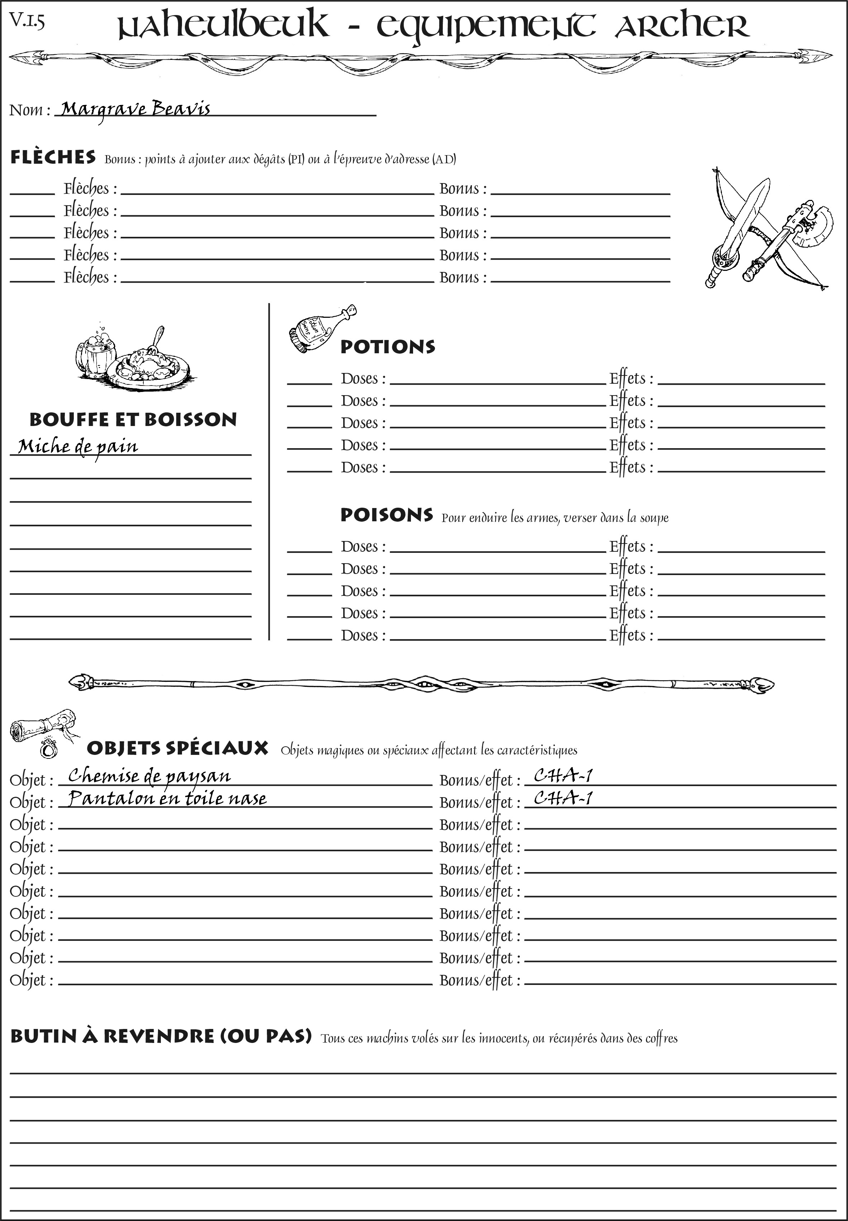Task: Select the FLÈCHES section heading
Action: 53,157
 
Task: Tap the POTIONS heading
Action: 387,347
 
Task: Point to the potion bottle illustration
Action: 321,329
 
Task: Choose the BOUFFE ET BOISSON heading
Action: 133,420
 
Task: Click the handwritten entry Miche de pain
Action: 78,446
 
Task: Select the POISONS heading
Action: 386,515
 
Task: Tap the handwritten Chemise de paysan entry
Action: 149,776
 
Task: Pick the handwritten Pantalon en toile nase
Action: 167,799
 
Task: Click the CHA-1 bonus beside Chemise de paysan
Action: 562,776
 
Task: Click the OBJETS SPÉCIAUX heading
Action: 177,748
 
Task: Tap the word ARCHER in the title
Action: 682,27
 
